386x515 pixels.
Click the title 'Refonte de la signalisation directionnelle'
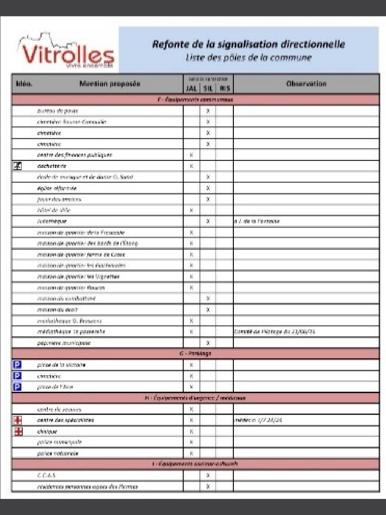coord(249,44)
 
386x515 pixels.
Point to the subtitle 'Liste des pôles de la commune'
coord(249,58)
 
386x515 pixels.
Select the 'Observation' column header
coord(306,84)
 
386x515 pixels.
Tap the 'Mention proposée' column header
coord(110,84)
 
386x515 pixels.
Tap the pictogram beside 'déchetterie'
coord(16,166)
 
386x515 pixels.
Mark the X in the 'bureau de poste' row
coord(208,111)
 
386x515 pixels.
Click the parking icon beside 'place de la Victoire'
coord(16,365)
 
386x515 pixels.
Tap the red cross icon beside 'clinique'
coord(16,431)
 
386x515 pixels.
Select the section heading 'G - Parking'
coord(195,354)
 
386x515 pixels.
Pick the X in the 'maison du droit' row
coord(208,310)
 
